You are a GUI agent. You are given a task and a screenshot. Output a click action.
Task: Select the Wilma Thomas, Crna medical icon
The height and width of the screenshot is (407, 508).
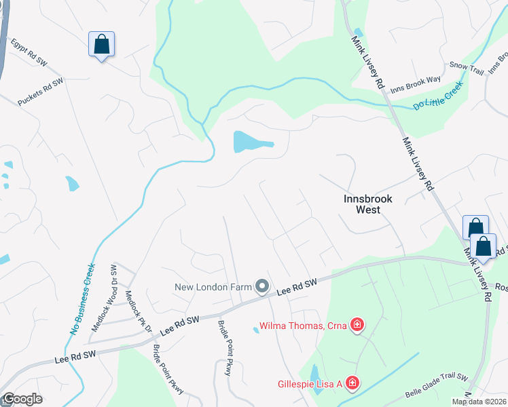(356, 326)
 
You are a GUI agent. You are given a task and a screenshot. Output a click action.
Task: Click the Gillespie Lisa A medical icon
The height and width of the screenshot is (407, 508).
(352, 384)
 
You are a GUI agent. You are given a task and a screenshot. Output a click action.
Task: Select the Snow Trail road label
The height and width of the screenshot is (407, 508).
(466, 65)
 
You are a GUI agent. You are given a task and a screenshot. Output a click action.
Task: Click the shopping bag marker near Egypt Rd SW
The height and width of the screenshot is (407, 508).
(101, 45)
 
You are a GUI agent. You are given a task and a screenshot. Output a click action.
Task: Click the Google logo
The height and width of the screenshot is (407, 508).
(22, 399)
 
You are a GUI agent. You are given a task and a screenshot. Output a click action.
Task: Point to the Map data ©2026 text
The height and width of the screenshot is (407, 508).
(478, 402)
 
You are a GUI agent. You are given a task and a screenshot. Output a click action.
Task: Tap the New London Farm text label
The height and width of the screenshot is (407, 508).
(213, 287)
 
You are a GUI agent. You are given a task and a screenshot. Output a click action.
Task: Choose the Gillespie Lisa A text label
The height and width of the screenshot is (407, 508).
(309, 384)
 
